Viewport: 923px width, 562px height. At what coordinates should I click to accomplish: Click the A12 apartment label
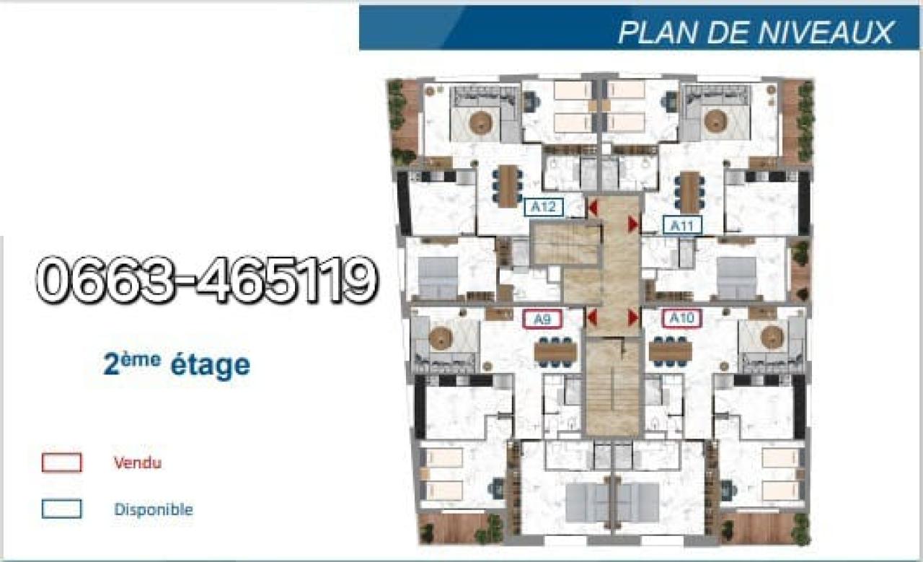544,207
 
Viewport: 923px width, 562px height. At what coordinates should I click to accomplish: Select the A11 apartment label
682,226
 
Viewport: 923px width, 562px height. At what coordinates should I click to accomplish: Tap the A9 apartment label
542,319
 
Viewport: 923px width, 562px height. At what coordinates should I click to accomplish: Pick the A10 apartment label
682,318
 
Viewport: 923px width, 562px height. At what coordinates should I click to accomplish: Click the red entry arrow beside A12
593,207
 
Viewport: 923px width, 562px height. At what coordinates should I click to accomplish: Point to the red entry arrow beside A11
633,224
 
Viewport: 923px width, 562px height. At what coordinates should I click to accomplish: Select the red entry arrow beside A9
592,317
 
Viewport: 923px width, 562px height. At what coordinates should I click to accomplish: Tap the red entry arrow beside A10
633,317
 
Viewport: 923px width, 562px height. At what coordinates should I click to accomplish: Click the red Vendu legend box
62,462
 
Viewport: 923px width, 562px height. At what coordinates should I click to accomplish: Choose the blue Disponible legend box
62,509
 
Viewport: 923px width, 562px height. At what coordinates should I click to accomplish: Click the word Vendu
138,463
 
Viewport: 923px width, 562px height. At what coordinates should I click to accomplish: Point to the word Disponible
154,509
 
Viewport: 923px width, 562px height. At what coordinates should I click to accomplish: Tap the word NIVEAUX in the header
825,32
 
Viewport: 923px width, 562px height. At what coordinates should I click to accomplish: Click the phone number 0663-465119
207,280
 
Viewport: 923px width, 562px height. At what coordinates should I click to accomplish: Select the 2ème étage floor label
177,364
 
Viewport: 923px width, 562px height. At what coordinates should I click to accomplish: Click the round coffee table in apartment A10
772,338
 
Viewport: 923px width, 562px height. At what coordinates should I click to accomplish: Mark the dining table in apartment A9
555,352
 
